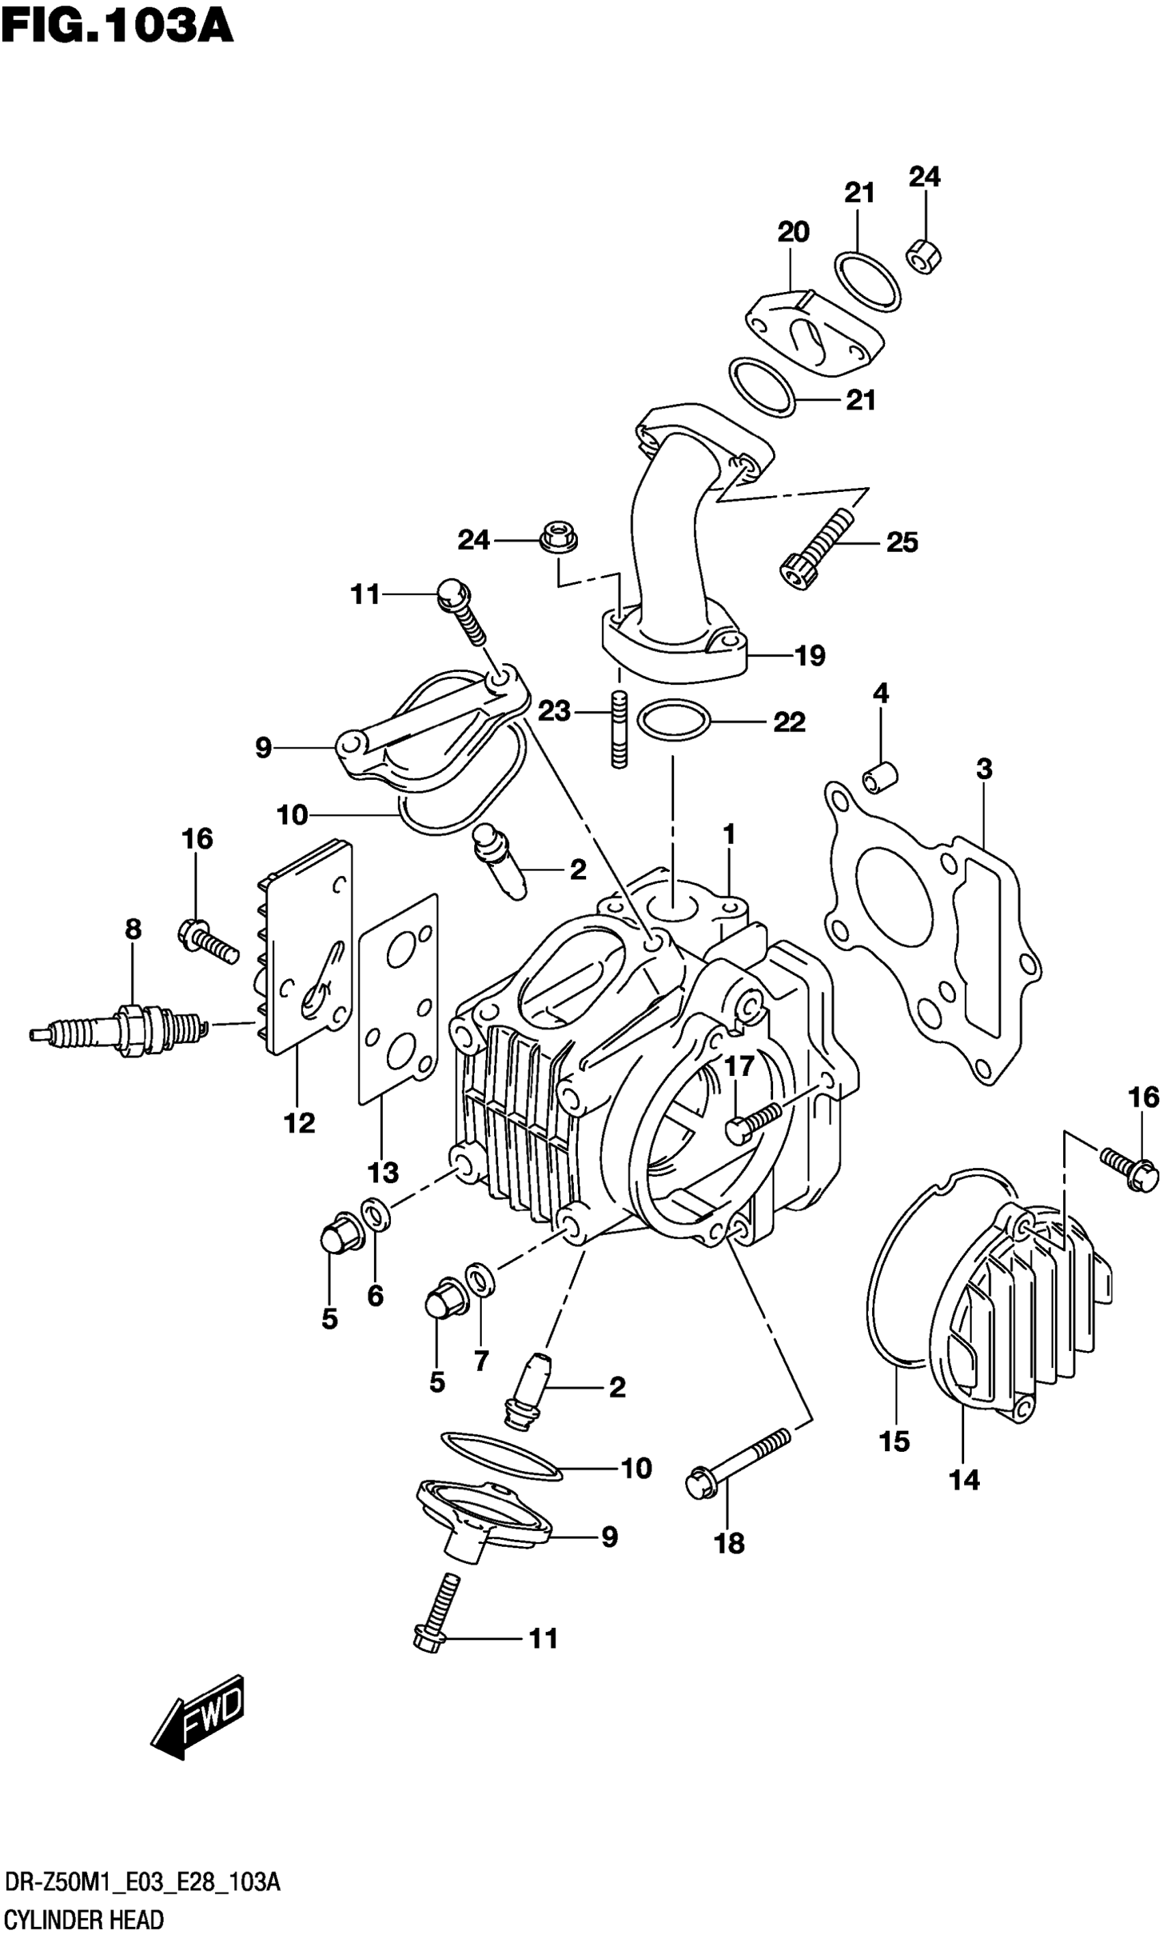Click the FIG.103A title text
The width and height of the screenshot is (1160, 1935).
pyautogui.click(x=117, y=27)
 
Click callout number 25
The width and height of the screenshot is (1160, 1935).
pyautogui.click(x=902, y=542)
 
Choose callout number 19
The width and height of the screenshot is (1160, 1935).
pyautogui.click(x=810, y=655)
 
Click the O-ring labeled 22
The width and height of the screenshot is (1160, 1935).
pyautogui.click(x=673, y=719)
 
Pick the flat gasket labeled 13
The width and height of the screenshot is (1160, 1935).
pyautogui.click(x=398, y=1000)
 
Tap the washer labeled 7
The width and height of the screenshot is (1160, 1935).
pyautogui.click(x=478, y=1279)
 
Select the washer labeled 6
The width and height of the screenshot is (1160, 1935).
pyautogui.click(x=375, y=1215)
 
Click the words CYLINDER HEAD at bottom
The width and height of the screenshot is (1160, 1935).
pyautogui.click(x=85, y=1914)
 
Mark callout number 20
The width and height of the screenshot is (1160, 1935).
pyautogui.click(x=793, y=231)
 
